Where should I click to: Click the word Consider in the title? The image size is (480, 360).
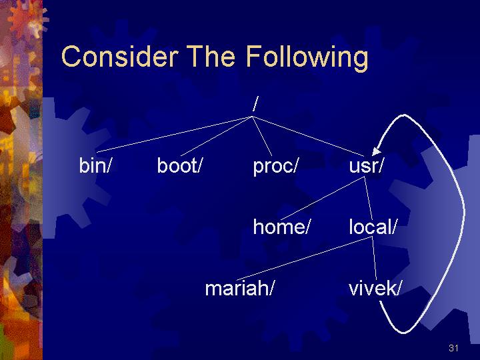pos(120,56)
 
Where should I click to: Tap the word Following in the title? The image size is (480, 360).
pos(307,58)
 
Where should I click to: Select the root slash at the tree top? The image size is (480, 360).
pos(255,104)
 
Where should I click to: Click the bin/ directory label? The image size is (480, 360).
pos(95,165)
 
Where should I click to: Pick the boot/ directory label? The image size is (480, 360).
pos(180,165)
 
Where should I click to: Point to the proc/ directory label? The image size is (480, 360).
pos(275,167)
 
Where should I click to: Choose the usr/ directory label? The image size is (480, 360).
pos(366,165)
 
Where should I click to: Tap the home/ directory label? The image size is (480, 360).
pos(281,227)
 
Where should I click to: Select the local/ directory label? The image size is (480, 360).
pos(373,227)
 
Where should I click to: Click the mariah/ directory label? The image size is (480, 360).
pos(239,288)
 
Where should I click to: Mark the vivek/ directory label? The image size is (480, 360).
pos(375,288)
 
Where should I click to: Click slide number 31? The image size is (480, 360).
pos(453,348)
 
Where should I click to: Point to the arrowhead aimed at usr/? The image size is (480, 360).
pos(376,151)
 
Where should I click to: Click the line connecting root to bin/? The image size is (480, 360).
pos(174,134)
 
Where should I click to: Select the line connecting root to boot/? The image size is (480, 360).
pos(217,136)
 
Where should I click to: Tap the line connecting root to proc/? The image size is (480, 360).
pos(262,136)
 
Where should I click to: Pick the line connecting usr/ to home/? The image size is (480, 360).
pos(322,198)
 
